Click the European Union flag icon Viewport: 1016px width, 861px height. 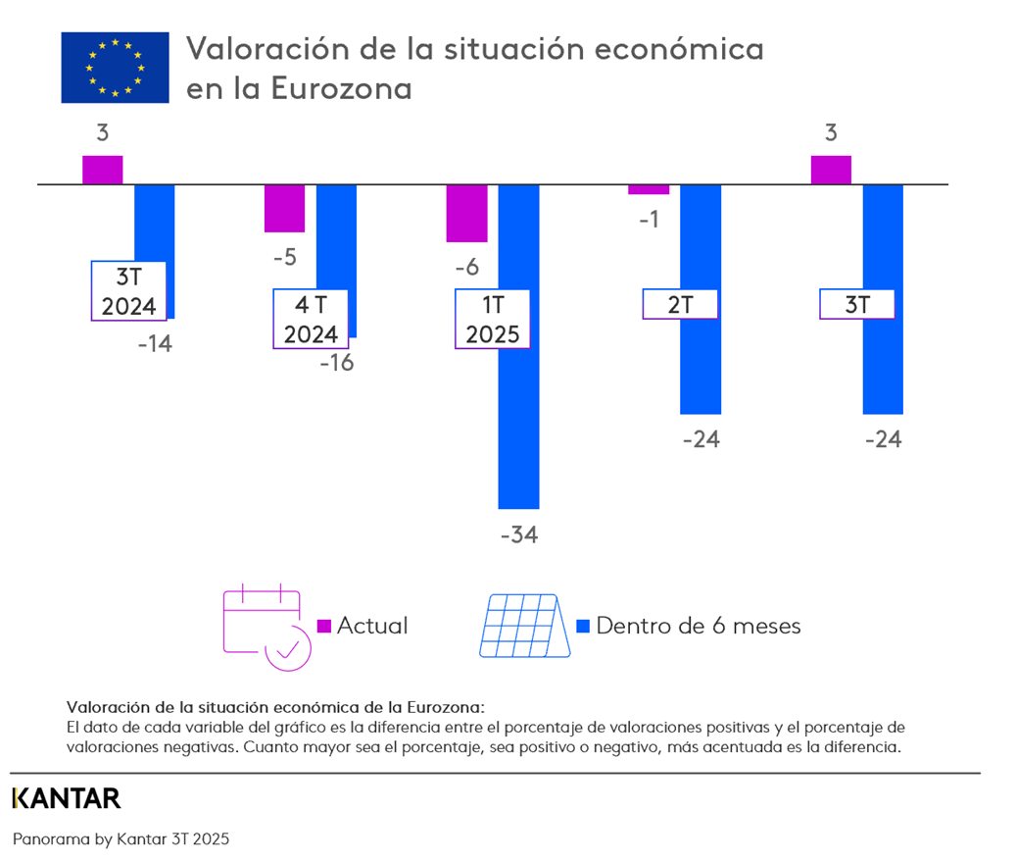[x=116, y=68]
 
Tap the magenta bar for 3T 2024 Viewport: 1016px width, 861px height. [x=103, y=170]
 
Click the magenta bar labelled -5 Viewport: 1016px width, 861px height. [x=284, y=208]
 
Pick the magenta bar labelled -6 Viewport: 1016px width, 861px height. [x=466, y=213]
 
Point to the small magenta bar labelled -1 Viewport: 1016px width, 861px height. [x=649, y=189]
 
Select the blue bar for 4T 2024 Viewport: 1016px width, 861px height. [x=336, y=235]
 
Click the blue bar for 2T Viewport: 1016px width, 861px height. [x=701, y=363]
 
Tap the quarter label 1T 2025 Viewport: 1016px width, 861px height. [x=493, y=320]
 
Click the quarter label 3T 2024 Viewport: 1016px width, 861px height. [x=129, y=291]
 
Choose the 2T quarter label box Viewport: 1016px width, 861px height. [x=680, y=304]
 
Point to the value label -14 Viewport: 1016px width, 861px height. [x=154, y=344]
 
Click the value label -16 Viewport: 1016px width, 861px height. [x=335, y=362]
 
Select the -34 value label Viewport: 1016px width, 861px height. [x=519, y=535]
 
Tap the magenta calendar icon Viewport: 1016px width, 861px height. [x=266, y=627]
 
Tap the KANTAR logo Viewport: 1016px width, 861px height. [x=67, y=798]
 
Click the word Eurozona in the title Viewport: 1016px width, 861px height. [x=341, y=88]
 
